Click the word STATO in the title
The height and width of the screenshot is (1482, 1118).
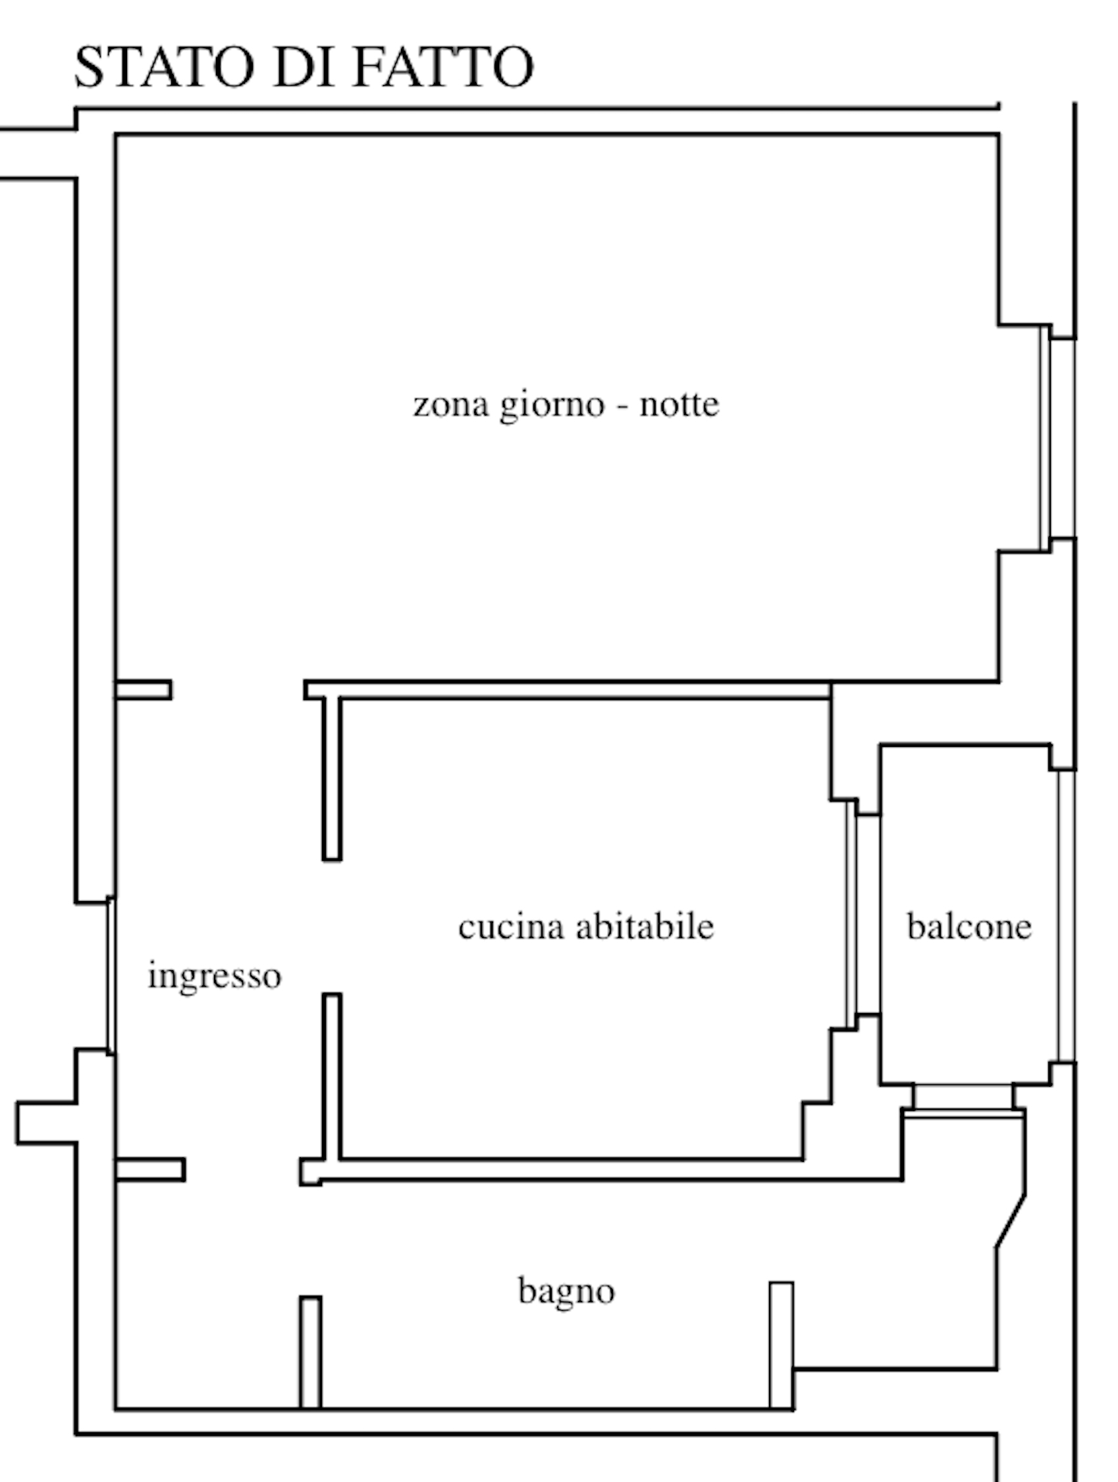tap(165, 67)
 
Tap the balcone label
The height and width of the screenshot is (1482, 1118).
tap(969, 927)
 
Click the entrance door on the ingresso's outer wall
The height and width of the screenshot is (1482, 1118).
tap(111, 975)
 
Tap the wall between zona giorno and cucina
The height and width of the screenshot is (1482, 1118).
tap(568, 690)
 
